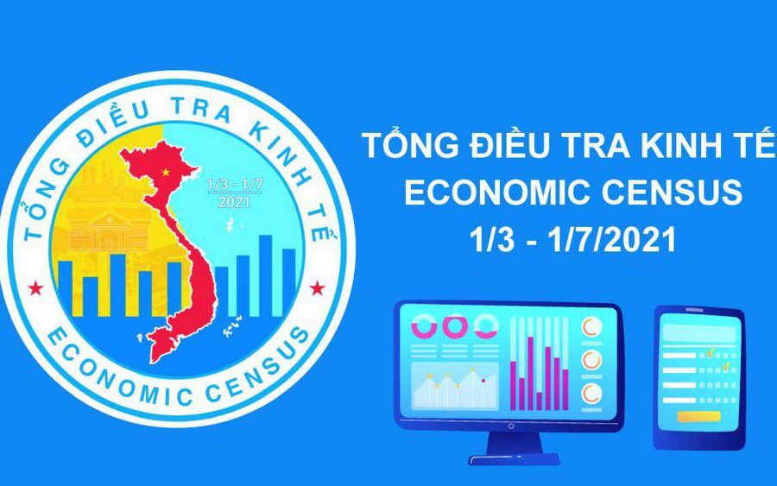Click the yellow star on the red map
point(165,172)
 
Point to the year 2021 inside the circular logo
point(234,202)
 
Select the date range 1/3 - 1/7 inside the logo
point(234,184)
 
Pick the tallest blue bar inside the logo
point(266,276)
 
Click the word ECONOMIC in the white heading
point(497,193)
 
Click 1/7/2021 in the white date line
point(611,240)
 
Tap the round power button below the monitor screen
point(511,426)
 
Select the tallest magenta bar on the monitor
point(530,373)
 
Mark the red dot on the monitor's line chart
point(483,381)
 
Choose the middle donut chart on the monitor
point(455,326)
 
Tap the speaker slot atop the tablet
point(694,310)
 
